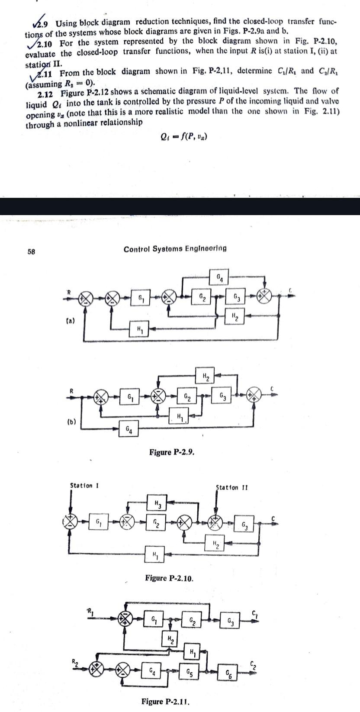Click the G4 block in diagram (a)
tap(220, 276)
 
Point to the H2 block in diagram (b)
tap(206, 376)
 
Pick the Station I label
tap(84, 485)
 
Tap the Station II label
tap(231, 487)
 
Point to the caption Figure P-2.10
tap(169, 578)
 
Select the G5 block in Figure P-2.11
tap(189, 672)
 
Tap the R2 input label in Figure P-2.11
tap(75, 661)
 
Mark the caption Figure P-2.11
tap(166, 701)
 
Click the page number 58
tap(31, 251)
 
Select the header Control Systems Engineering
tap(175, 248)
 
